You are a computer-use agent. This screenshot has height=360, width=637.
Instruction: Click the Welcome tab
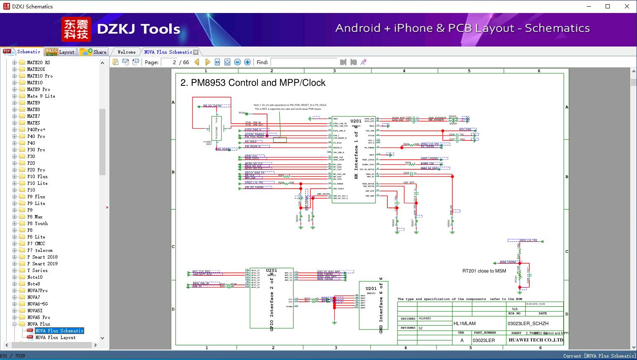[x=126, y=52]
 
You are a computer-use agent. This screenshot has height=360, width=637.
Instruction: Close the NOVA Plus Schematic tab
[x=196, y=52]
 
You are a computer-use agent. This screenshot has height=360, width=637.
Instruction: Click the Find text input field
[x=303, y=62]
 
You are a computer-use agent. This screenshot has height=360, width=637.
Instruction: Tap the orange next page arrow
[x=207, y=62]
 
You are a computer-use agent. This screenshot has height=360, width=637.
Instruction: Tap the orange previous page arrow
[x=197, y=62]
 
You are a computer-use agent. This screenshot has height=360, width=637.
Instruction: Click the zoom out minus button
[x=237, y=62]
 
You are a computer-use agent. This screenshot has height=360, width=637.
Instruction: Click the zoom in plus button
[x=248, y=62]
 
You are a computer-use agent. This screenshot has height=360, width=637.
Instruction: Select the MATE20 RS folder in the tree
[x=38, y=62]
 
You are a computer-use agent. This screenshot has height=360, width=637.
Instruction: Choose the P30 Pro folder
[x=36, y=150]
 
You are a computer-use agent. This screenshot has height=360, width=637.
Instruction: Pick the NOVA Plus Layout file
[x=55, y=337]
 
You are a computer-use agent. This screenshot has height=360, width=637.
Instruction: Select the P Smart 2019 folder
[x=42, y=264]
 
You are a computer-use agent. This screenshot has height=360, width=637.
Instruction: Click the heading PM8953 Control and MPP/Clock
[x=253, y=83]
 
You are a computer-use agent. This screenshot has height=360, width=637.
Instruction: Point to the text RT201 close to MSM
[x=484, y=271]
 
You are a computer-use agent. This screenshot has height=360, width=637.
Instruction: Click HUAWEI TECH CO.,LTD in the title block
[x=536, y=340]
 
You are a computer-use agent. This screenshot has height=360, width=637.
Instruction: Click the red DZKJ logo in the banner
[x=76, y=29]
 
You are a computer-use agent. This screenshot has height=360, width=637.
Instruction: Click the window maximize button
[x=608, y=6]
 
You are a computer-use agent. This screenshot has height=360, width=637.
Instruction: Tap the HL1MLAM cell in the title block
[x=464, y=324]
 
